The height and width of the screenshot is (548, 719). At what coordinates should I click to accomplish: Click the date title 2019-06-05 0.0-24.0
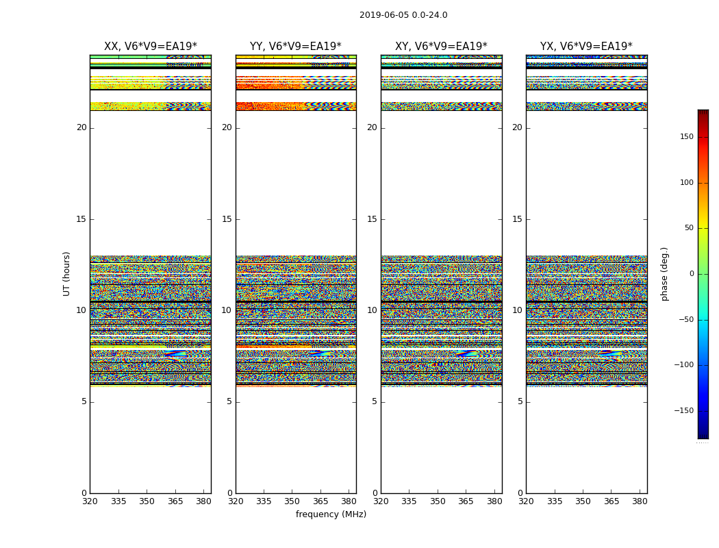point(403,15)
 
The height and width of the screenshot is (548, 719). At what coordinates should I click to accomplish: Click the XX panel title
point(150,47)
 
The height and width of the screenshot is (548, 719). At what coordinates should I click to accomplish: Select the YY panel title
point(295,47)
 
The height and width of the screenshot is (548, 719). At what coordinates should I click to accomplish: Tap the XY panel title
point(441,47)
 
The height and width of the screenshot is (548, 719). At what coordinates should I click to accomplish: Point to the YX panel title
point(586,47)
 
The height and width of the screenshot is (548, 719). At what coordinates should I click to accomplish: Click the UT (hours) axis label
point(66,273)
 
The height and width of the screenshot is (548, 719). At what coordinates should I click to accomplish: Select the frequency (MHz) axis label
point(331,514)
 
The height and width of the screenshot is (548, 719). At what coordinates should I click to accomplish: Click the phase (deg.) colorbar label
point(664,273)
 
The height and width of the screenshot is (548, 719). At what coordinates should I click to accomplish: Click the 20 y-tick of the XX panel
point(81,127)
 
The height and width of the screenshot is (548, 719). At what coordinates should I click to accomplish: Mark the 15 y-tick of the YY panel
point(227,219)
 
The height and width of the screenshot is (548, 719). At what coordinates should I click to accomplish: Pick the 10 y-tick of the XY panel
point(372,310)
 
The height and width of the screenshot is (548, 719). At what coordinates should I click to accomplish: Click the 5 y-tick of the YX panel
point(520,401)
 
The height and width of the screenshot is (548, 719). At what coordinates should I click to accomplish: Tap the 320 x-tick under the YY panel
point(236,501)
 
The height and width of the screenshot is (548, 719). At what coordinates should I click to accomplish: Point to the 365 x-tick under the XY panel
point(466,501)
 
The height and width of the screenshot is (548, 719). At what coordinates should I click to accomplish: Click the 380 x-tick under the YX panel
point(640,501)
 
